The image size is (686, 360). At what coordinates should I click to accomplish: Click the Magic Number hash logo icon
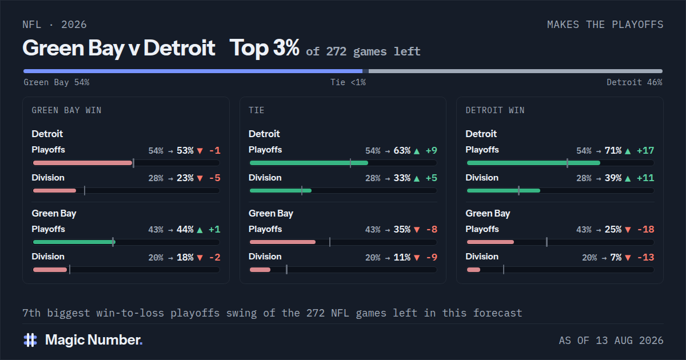click(x=30, y=340)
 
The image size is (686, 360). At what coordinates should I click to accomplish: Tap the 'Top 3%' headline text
click(x=264, y=48)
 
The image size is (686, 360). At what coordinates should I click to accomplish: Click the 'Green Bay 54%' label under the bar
click(x=57, y=82)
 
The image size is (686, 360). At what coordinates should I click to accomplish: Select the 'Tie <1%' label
click(x=348, y=82)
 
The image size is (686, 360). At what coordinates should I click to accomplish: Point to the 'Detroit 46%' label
click(x=634, y=82)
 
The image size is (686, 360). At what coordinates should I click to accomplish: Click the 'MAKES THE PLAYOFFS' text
click(x=605, y=25)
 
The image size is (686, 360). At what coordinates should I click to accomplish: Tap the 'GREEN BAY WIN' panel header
click(x=66, y=110)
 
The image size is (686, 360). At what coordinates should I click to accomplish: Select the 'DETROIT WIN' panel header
click(x=495, y=110)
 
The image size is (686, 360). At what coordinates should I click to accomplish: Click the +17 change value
click(x=645, y=151)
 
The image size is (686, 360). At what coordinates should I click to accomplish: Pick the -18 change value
click(x=646, y=229)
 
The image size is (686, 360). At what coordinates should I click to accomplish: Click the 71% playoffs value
click(x=613, y=151)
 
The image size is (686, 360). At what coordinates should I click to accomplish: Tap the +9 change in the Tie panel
click(x=432, y=151)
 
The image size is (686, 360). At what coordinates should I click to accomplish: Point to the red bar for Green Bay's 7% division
click(x=473, y=270)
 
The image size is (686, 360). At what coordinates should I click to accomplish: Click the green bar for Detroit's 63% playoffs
click(x=309, y=163)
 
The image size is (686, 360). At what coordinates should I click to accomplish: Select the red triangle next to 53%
click(x=200, y=151)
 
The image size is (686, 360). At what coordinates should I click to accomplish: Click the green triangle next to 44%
click(x=200, y=230)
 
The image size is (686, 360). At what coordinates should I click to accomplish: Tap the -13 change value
click(x=646, y=257)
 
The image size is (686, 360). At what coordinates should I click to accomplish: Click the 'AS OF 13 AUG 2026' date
click(x=611, y=341)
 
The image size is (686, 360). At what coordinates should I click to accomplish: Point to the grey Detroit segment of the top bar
click(x=516, y=71)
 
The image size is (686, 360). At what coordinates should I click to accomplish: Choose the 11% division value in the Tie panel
click(x=402, y=257)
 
